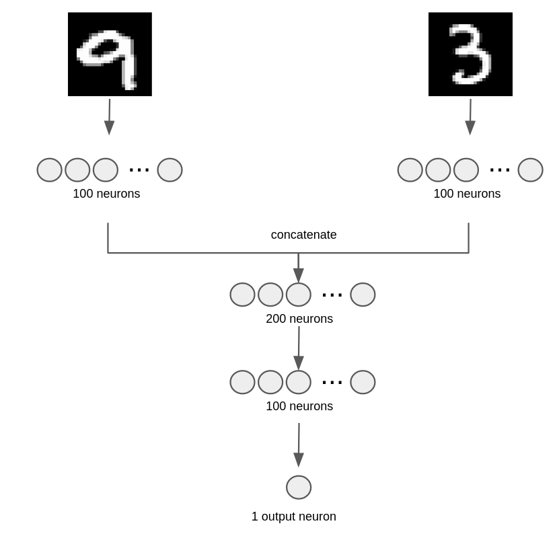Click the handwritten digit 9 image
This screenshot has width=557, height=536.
click(110, 54)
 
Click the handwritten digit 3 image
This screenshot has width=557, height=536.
click(470, 54)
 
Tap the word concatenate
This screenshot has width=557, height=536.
click(303, 235)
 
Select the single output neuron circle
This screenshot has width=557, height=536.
click(299, 488)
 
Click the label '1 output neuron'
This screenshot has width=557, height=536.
click(293, 516)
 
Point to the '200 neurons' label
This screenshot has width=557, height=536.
click(299, 319)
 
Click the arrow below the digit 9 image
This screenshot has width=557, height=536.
click(109, 117)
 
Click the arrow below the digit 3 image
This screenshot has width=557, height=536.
click(470, 117)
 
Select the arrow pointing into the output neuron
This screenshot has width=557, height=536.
click(299, 445)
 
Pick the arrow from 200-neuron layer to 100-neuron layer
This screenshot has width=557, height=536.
click(299, 348)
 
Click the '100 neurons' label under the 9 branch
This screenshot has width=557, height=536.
click(106, 194)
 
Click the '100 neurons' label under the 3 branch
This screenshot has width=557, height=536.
click(467, 194)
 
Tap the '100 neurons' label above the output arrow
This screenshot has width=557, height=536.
click(299, 406)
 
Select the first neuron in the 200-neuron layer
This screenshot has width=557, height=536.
click(242, 295)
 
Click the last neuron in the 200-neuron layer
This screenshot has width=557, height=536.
click(363, 295)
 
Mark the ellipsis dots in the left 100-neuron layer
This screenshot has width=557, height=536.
click(139, 170)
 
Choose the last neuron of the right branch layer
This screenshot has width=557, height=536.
click(530, 170)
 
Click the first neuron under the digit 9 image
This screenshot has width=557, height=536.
click(49, 170)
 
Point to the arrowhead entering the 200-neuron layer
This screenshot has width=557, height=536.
click(299, 275)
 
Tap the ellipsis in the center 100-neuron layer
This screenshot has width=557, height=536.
click(332, 383)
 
